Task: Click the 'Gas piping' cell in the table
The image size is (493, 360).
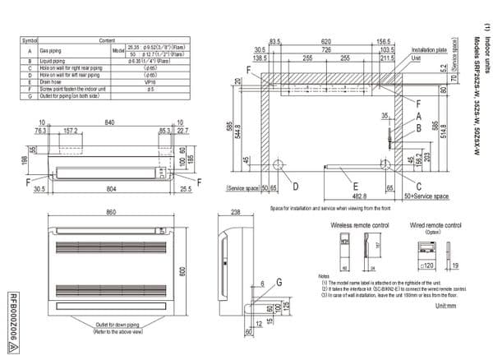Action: (50, 50)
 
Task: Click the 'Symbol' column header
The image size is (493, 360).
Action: (30, 39)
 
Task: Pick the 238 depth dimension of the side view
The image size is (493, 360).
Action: (237, 214)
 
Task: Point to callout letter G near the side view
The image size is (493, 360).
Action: (279, 282)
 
